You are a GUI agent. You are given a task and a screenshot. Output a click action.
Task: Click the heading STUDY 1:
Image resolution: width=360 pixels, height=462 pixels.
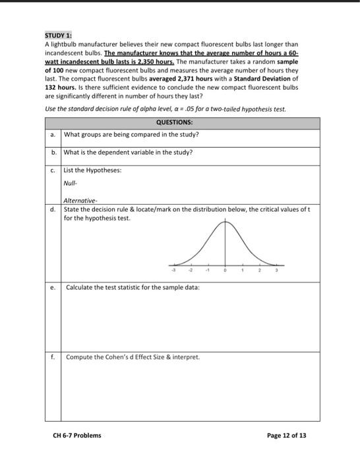pyautogui.click(x=59, y=34)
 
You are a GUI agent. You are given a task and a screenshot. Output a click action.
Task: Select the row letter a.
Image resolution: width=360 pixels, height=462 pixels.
pyautogui.click(x=53, y=134)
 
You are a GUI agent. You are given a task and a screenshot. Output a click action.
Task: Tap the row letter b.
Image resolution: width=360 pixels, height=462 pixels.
pyautogui.click(x=53, y=152)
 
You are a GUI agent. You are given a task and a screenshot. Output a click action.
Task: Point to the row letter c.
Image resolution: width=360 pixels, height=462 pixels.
pyautogui.click(x=53, y=170)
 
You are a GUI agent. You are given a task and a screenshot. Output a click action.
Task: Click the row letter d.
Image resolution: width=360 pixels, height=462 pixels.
pyautogui.click(x=53, y=209)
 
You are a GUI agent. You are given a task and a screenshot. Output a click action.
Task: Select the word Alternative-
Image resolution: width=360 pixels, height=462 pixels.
pyautogui.click(x=81, y=201)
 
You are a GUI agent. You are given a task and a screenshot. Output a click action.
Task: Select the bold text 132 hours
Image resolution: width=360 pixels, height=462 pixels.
pyautogui.click(x=61, y=86)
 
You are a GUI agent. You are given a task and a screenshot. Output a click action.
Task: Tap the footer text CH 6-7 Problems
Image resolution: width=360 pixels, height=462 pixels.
pyautogui.click(x=77, y=435)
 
